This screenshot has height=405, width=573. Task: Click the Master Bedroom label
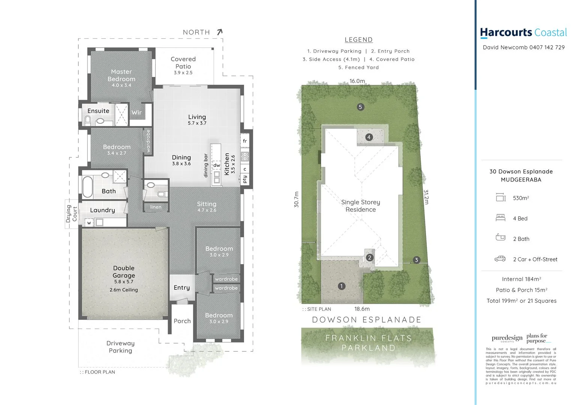click(121, 75)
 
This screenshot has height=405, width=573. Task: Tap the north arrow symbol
click(220, 32)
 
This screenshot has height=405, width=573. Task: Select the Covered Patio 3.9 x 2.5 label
click(183, 65)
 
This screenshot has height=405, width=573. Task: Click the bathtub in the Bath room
click(87, 186)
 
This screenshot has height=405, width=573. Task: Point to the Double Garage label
click(124, 272)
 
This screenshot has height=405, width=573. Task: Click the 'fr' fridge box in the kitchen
click(245, 141)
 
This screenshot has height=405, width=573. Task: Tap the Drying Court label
click(71, 214)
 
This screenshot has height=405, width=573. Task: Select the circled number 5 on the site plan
click(360, 107)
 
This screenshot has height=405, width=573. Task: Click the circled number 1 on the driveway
click(341, 286)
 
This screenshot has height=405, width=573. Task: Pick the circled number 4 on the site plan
click(369, 137)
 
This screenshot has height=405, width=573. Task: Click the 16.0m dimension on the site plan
click(357, 81)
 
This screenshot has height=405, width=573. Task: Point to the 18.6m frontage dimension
click(362, 309)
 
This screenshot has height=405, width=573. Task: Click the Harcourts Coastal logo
click(523, 33)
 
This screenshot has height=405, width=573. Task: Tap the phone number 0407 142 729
click(547, 47)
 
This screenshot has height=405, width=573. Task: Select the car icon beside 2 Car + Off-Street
click(500, 259)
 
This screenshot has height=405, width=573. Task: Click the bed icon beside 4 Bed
click(500, 218)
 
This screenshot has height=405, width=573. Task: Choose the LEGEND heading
click(358, 40)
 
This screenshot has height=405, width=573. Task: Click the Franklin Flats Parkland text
click(369, 343)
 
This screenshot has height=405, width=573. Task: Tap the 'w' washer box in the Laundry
click(89, 223)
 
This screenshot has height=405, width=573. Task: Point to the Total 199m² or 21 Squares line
click(521, 301)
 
